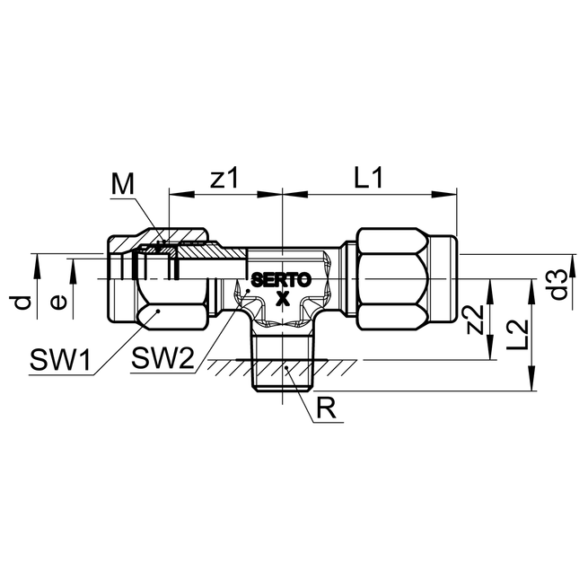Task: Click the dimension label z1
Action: (x=224, y=178)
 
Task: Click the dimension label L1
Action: (x=367, y=178)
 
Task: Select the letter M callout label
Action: (x=123, y=184)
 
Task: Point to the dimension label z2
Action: (x=478, y=319)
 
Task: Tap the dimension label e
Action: (x=58, y=302)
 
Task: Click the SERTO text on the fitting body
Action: (x=280, y=280)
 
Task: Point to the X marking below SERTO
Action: (x=282, y=298)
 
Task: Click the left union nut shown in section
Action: (x=162, y=280)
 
